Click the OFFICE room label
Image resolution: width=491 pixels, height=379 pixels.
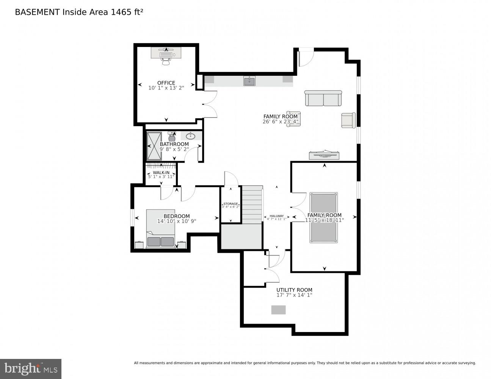coord(166,83)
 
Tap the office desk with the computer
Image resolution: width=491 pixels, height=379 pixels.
coord(166,53)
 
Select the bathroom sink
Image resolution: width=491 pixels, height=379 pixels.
coord(190,136)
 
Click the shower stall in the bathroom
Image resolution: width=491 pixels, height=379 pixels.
coord(154,146)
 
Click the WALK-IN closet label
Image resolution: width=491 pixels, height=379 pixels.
coord(161,172)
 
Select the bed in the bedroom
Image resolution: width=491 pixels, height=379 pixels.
coord(161,228)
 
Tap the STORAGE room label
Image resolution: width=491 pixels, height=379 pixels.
coord(231,204)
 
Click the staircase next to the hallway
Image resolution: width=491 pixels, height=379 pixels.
coord(252,205)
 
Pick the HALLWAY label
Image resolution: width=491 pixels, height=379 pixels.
coord(277,216)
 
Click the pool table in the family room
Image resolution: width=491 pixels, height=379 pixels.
coord(323,217)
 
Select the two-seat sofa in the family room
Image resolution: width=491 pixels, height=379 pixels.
coord(323,98)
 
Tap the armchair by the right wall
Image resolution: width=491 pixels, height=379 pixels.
coord(348,120)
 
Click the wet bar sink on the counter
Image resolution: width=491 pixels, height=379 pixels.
coord(249,81)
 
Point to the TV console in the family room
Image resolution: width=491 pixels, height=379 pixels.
coord(324,155)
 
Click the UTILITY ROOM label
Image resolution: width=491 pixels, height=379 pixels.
coord(294,290)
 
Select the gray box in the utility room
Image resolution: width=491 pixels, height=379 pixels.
coord(278,310)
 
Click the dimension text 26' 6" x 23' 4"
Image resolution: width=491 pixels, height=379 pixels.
coord(280,122)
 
